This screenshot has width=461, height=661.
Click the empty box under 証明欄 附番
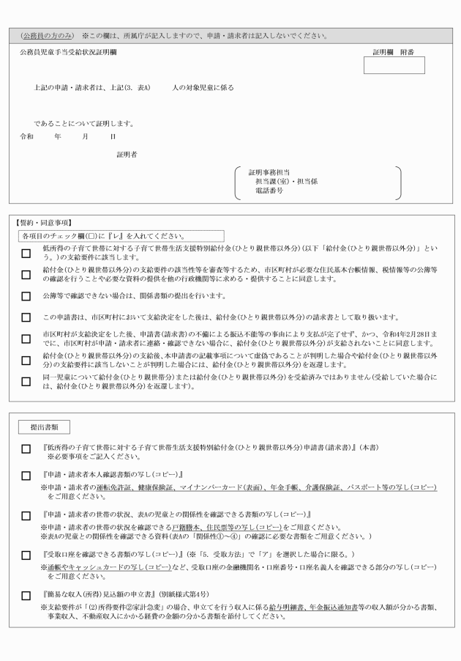394,65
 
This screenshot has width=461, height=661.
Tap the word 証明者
127,154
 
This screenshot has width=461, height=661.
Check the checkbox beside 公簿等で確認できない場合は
26,297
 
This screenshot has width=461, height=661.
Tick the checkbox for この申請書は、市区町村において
26,317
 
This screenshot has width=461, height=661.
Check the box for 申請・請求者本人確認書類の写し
26,476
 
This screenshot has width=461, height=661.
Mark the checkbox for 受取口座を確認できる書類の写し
26,555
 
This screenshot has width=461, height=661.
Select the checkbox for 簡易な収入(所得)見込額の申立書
26,596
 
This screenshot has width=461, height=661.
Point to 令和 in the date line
26,136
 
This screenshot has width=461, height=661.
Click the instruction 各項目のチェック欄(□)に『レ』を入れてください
102,236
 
